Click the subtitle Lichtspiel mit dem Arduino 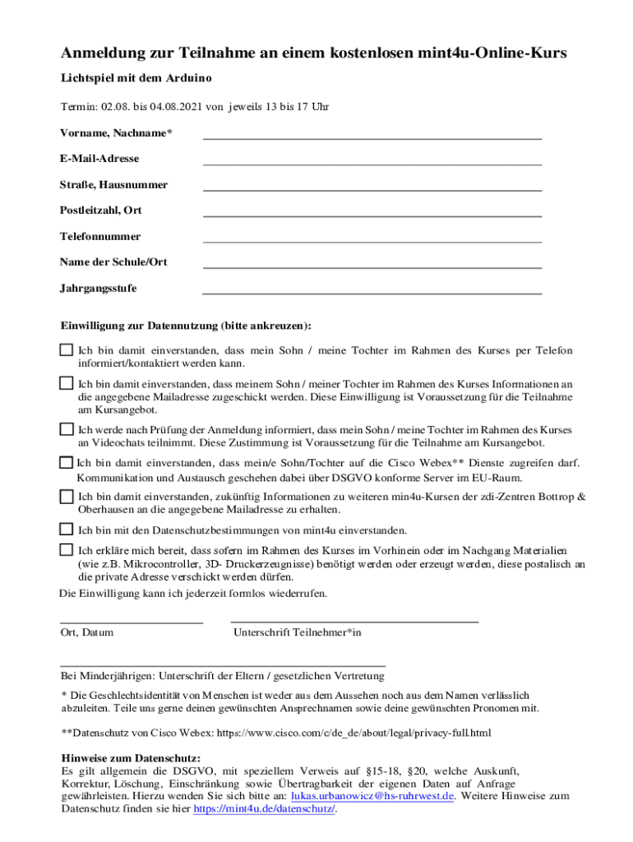(136, 78)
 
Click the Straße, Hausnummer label (113, 185)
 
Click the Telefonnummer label (100, 237)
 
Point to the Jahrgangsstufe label (99, 289)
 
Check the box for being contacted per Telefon (67, 350)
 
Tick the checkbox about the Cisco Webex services (67, 463)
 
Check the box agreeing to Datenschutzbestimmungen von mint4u (67, 529)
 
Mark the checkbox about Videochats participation (67, 429)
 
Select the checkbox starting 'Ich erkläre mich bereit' (67, 549)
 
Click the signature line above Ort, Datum (132, 622)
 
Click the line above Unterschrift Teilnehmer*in (354, 622)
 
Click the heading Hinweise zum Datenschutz (132, 758)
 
